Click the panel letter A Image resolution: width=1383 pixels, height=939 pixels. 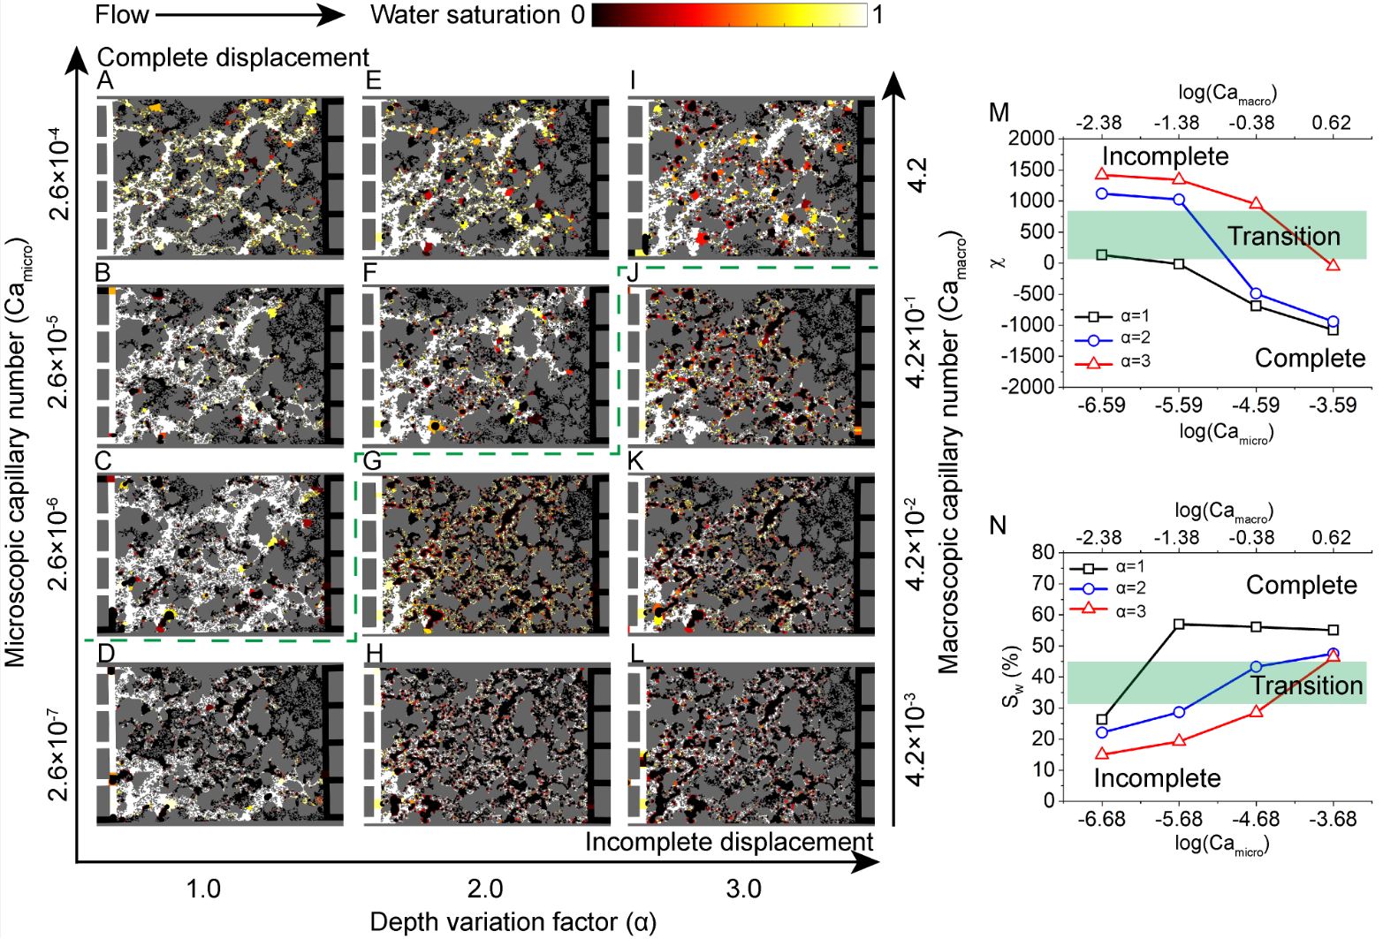106,81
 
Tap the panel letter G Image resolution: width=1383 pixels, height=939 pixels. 372,461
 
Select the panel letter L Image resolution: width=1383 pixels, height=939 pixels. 634,655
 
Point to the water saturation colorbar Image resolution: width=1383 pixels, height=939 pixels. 730,15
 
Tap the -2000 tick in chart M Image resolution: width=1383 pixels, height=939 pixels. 1032,386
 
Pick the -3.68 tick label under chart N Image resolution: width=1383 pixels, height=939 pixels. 1333,820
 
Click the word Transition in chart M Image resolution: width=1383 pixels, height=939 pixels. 1284,237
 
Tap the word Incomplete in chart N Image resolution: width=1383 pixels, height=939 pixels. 1157,778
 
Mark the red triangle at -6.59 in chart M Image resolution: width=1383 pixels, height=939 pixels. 1102,174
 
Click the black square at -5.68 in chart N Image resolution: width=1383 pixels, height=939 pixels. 1179,625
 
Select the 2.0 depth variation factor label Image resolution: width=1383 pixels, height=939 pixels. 485,888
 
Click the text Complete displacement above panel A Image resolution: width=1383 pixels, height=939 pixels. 232,57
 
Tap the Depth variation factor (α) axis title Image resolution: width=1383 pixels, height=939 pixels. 513,922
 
